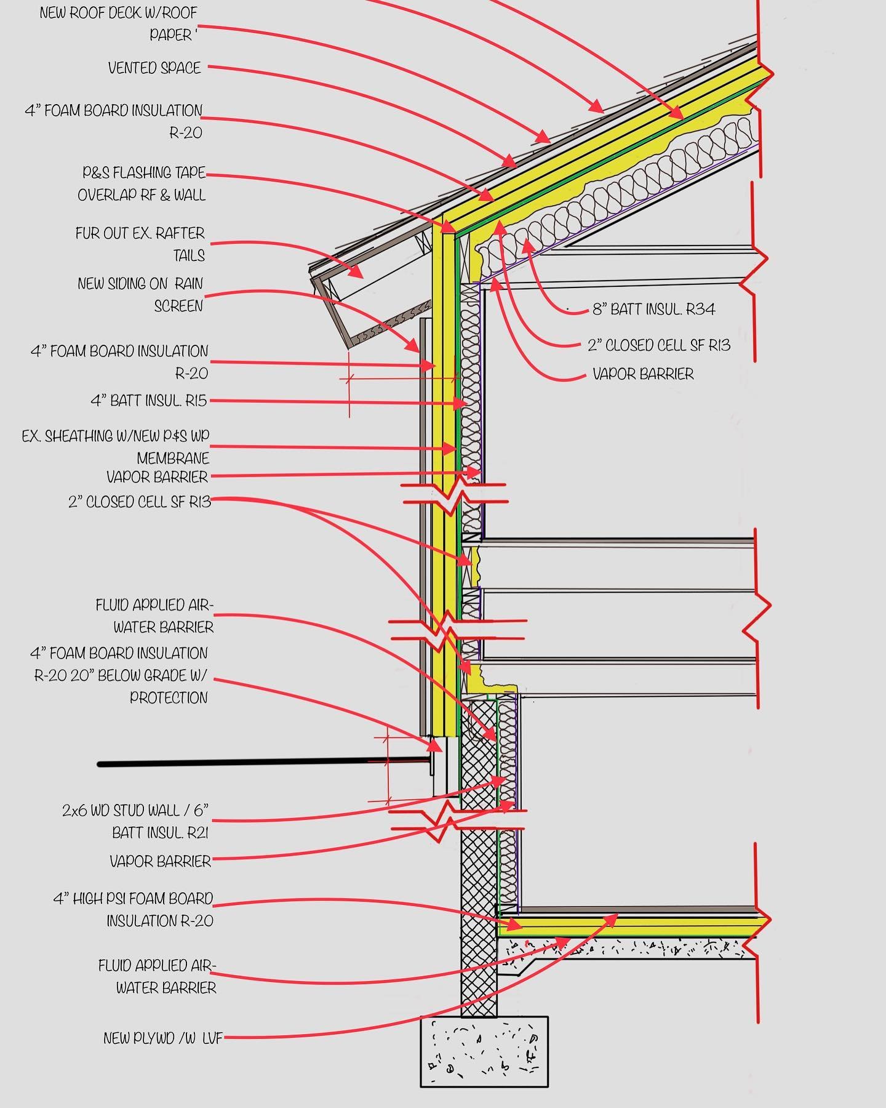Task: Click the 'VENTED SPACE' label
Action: click(x=154, y=68)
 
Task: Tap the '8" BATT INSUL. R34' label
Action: click(x=653, y=309)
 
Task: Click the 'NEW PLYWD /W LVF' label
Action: click(x=162, y=1038)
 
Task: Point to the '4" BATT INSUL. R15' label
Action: click(x=149, y=401)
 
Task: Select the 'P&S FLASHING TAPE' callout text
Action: click(x=144, y=173)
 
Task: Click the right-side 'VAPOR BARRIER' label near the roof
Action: click(x=643, y=374)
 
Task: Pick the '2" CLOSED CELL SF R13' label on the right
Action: click(x=659, y=345)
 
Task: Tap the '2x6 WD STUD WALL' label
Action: click(x=135, y=811)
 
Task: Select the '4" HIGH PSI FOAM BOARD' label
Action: click(x=134, y=899)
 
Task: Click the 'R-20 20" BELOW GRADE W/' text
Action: click(x=121, y=676)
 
